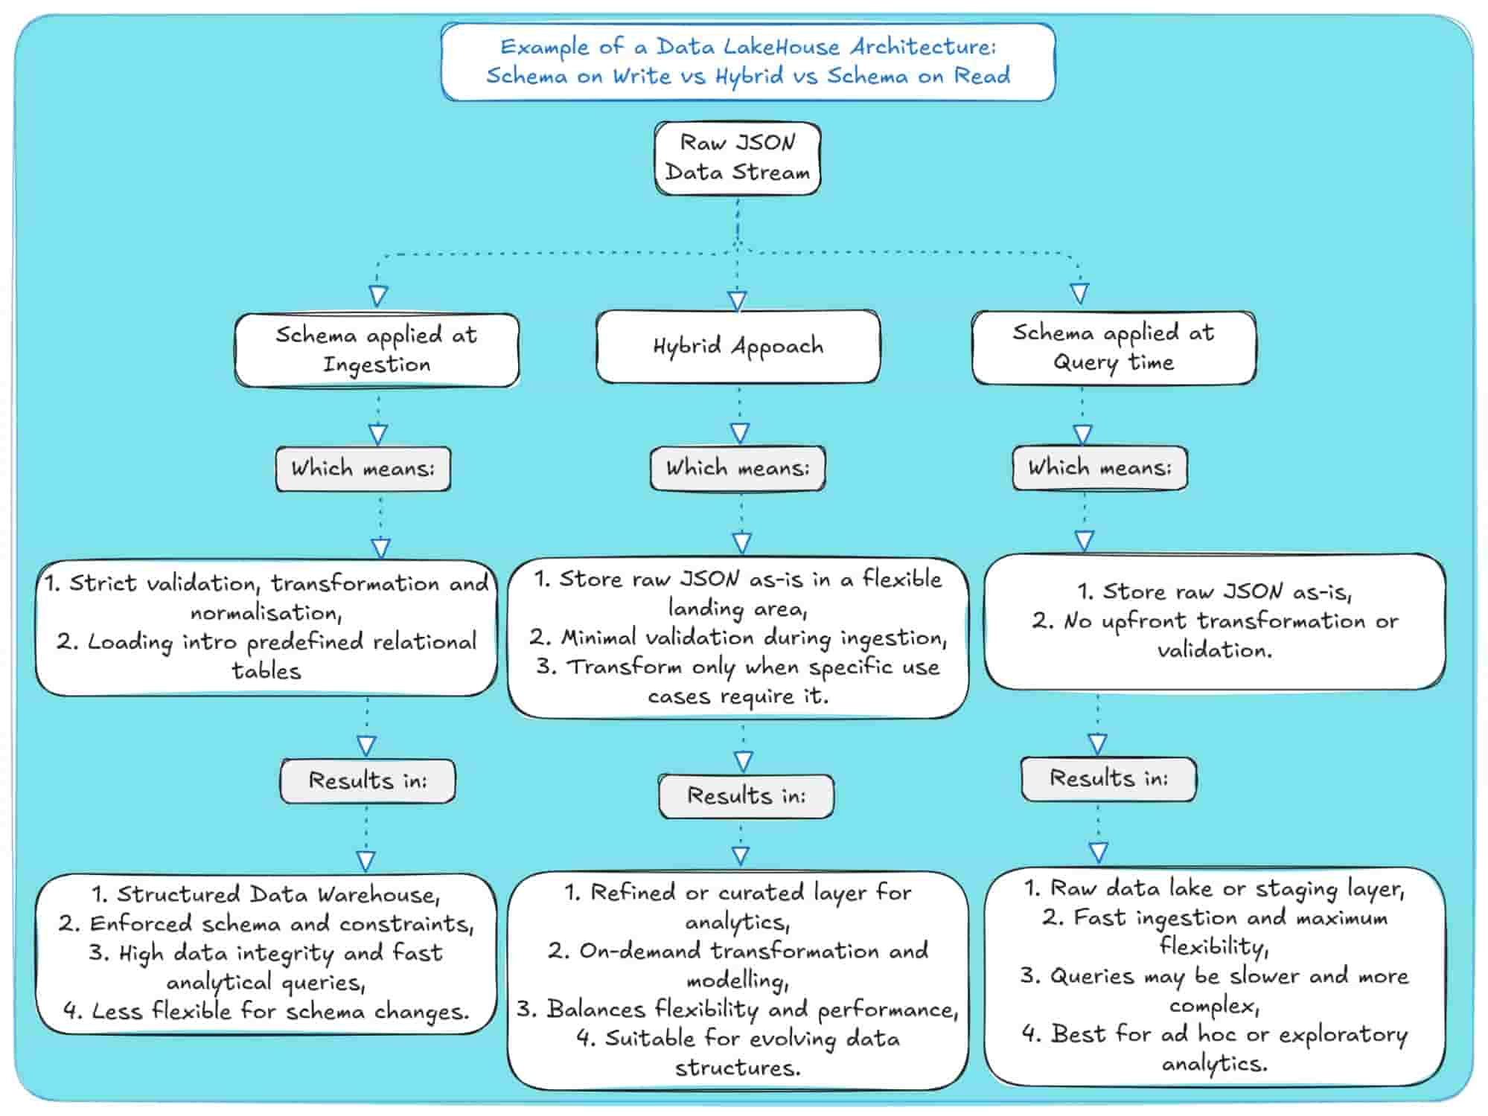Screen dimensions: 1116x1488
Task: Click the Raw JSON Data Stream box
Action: pos(737,158)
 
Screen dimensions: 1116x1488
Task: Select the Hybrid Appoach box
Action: pos(738,347)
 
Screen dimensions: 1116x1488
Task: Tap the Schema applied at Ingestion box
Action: pos(377,350)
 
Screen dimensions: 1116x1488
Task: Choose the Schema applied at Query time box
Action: pos(1113,347)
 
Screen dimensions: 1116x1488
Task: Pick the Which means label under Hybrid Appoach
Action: pos(737,468)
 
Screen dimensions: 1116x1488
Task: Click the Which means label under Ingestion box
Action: pos(363,469)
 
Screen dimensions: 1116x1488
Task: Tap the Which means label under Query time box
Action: pos(1099,468)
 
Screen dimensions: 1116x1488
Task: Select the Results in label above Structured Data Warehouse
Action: pos(368,780)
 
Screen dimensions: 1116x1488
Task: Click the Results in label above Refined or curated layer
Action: pos(746,796)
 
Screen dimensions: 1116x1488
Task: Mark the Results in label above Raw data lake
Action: pos(1108,779)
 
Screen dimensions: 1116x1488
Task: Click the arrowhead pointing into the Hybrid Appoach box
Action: pos(737,301)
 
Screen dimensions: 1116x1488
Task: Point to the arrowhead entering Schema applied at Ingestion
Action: pos(378,295)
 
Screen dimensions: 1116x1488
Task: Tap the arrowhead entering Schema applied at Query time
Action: pos(1079,293)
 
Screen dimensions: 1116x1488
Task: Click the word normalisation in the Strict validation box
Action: pos(265,613)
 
